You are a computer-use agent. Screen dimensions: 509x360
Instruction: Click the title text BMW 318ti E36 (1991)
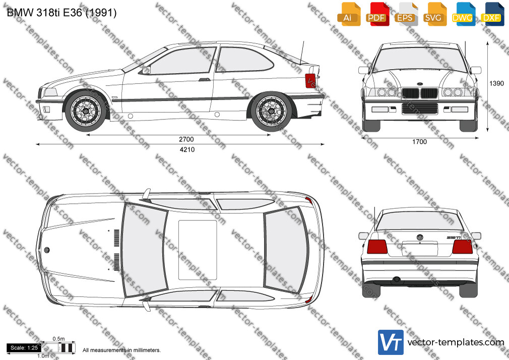click(61, 13)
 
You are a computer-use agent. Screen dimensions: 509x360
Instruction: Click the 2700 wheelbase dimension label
click(186, 139)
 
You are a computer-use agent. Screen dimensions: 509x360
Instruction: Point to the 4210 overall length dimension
click(187, 149)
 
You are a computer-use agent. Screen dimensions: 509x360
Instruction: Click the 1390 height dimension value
click(496, 84)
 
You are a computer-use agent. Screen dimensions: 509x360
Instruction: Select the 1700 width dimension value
click(419, 142)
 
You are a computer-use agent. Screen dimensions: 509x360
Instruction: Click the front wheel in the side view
click(86, 110)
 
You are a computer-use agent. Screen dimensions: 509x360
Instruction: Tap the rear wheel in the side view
click(271, 111)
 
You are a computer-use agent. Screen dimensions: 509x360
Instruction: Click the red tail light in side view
click(310, 81)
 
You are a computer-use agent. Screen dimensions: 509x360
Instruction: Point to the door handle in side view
click(205, 79)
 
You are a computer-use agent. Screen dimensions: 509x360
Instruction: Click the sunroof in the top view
click(198, 250)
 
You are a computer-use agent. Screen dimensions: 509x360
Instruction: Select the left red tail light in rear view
click(377, 247)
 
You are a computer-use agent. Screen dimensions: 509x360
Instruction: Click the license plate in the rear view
click(419, 249)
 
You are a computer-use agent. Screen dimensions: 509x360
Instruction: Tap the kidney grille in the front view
click(420, 93)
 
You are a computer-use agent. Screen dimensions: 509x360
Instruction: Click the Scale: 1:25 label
click(24, 348)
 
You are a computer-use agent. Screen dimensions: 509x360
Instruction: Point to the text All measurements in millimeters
click(121, 350)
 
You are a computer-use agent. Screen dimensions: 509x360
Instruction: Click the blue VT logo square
click(391, 342)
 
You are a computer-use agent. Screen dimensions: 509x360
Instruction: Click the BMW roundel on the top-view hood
click(47, 250)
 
